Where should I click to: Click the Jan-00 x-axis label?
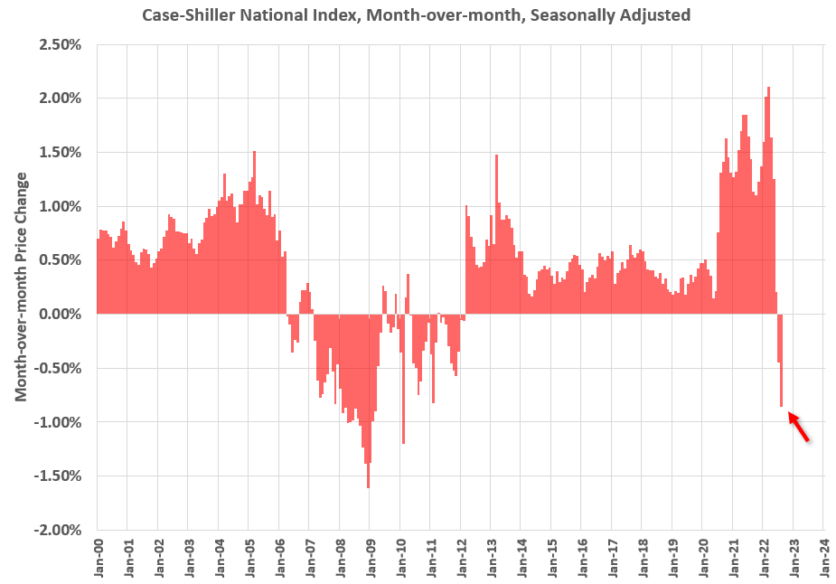[98, 559]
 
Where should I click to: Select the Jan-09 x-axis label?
[370, 559]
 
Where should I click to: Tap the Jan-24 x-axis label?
[823, 559]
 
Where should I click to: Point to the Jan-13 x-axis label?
[491, 559]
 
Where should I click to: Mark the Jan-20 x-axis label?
[702, 559]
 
